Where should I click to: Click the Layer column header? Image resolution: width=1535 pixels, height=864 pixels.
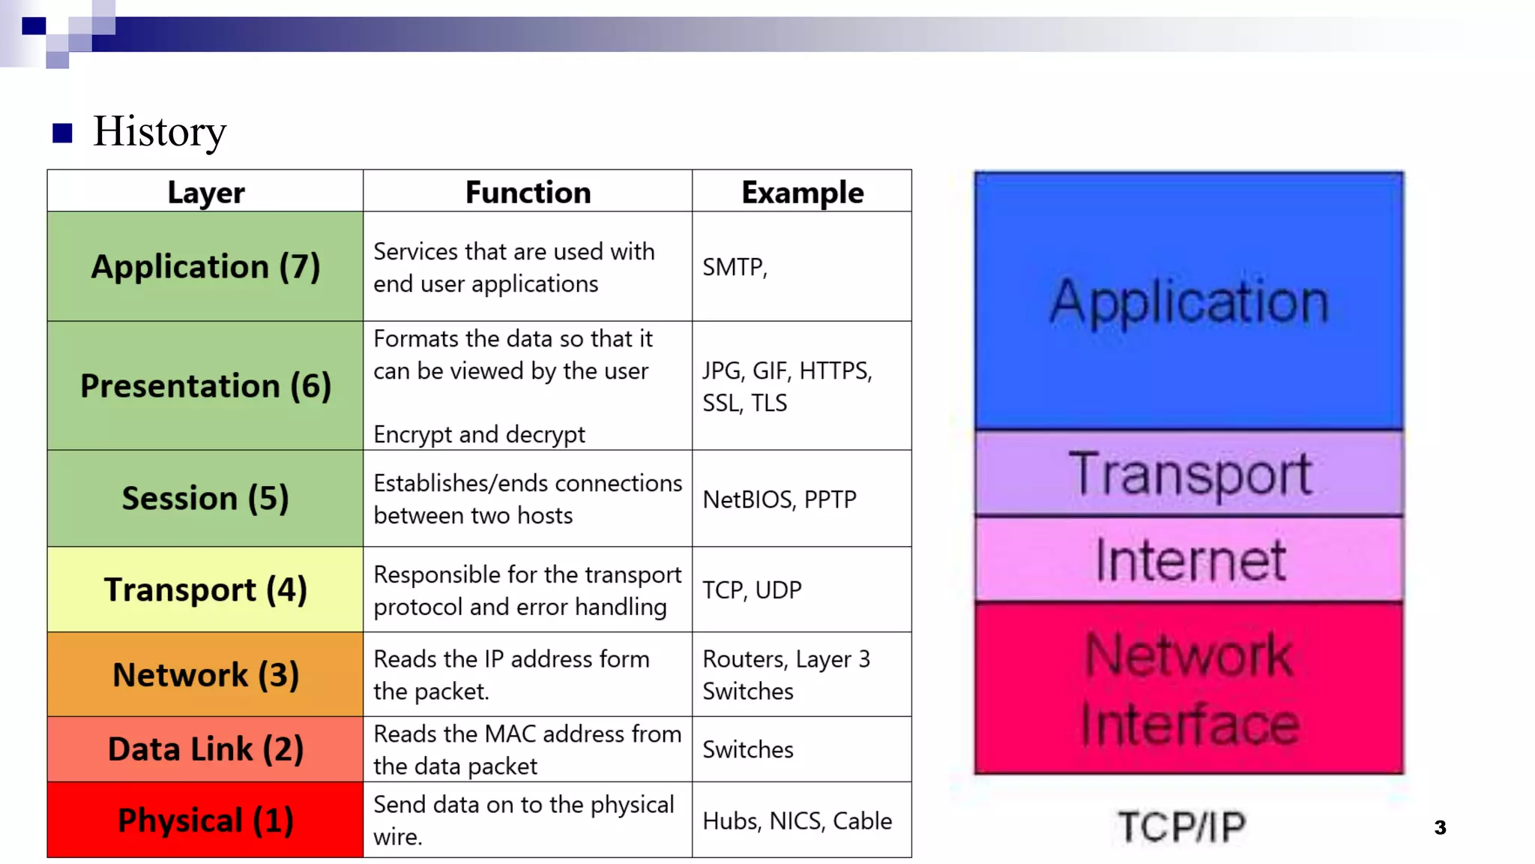(x=205, y=192)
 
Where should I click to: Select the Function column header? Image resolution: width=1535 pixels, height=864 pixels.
(x=528, y=192)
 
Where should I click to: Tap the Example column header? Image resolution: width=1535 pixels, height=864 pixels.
(x=802, y=192)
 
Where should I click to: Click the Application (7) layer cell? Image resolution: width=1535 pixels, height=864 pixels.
(x=205, y=267)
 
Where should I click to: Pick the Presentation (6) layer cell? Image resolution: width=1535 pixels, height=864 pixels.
(x=205, y=385)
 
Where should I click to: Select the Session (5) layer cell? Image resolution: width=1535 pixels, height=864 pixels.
(x=205, y=498)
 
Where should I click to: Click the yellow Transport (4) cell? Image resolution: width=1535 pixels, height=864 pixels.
(x=205, y=589)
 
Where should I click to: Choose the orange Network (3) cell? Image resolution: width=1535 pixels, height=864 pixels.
(x=205, y=674)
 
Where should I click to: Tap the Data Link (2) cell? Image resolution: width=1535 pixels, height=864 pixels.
(x=205, y=749)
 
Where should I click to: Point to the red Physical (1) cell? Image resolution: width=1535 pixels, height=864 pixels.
(x=205, y=820)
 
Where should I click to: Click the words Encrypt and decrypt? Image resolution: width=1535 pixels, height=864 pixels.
(x=479, y=434)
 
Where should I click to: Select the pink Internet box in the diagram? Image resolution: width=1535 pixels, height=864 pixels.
(x=1189, y=559)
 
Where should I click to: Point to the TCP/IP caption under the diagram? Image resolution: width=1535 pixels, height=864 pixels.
(x=1181, y=826)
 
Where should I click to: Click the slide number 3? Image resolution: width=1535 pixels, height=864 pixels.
(x=1440, y=827)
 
